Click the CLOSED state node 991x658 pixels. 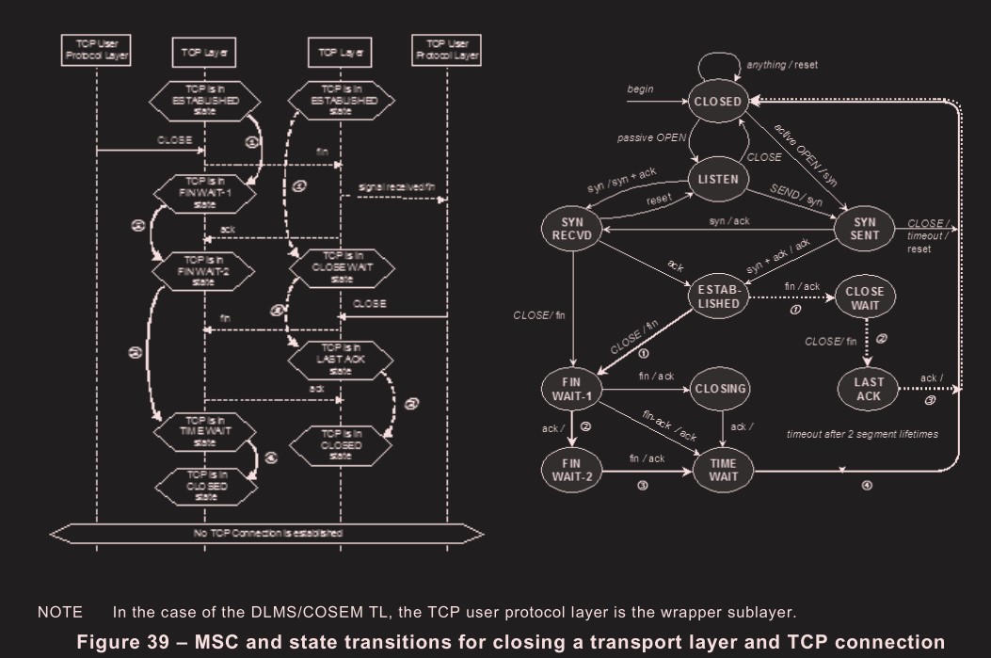[x=718, y=102]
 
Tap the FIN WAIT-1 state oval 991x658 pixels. [x=571, y=387]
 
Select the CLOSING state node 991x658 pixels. [x=721, y=387]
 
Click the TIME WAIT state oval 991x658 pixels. [x=721, y=468]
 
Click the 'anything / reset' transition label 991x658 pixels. [x=783, y=65]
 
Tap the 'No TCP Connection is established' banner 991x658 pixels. [x=267, y=533]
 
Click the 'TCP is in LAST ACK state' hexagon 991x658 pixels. [x=336, y=361]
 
